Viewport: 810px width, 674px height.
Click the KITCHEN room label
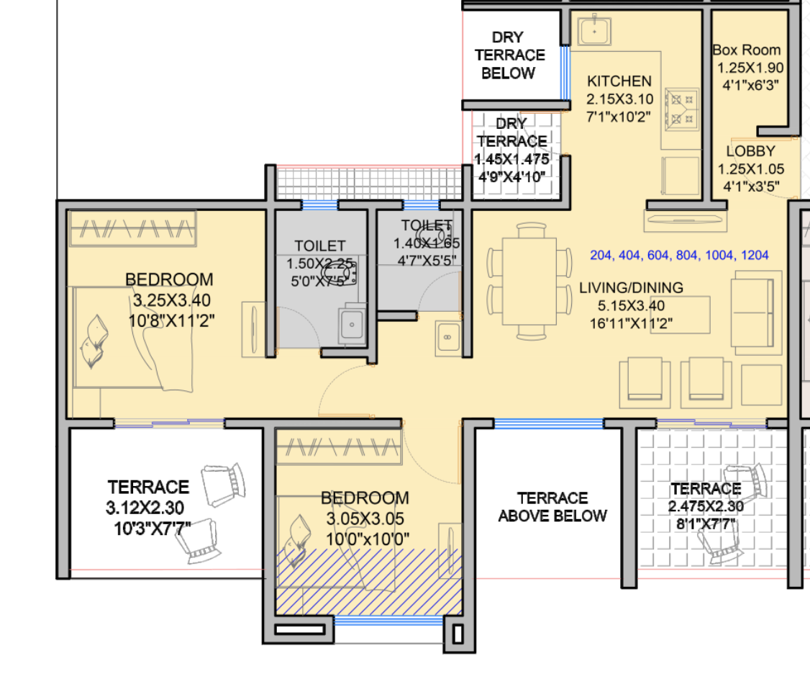coord(619,81)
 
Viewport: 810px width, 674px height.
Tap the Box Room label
coord(746,50)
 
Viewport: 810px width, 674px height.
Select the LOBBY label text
coord(750,151)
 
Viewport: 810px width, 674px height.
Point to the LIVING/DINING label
coord(631,288)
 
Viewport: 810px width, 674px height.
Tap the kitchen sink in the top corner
coord(594,32)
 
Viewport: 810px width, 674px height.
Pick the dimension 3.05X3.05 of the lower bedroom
coord(365,518)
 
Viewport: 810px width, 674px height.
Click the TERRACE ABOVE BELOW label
coord(552,507)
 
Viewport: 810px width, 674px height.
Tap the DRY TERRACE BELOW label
coord(509,55)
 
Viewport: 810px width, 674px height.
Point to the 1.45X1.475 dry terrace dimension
coord(511,158)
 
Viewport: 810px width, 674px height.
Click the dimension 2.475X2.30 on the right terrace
coord(705,507)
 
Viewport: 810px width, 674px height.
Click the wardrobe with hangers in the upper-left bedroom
coord(132,228)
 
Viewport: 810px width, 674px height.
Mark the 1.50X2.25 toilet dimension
coord(319,264)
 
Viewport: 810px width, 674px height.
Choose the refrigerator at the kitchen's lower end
coord(680,175)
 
